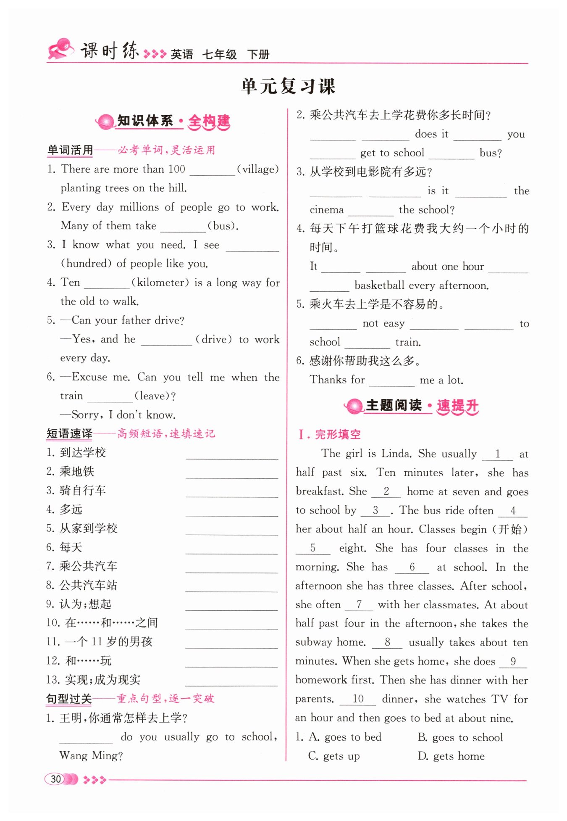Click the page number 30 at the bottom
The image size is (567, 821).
[56, 779]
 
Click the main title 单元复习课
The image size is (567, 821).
[288, 86]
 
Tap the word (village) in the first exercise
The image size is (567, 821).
[258, 169]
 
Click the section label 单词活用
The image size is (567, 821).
[70, 150]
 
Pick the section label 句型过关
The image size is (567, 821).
[69, 699]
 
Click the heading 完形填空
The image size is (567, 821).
[338, 434]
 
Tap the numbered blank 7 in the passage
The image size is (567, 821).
[359, 605]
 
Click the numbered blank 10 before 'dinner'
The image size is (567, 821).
[357, 699]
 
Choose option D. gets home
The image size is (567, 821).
[451, 756]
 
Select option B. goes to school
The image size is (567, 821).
[460, 737]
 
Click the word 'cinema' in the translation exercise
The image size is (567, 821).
[326, 210]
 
